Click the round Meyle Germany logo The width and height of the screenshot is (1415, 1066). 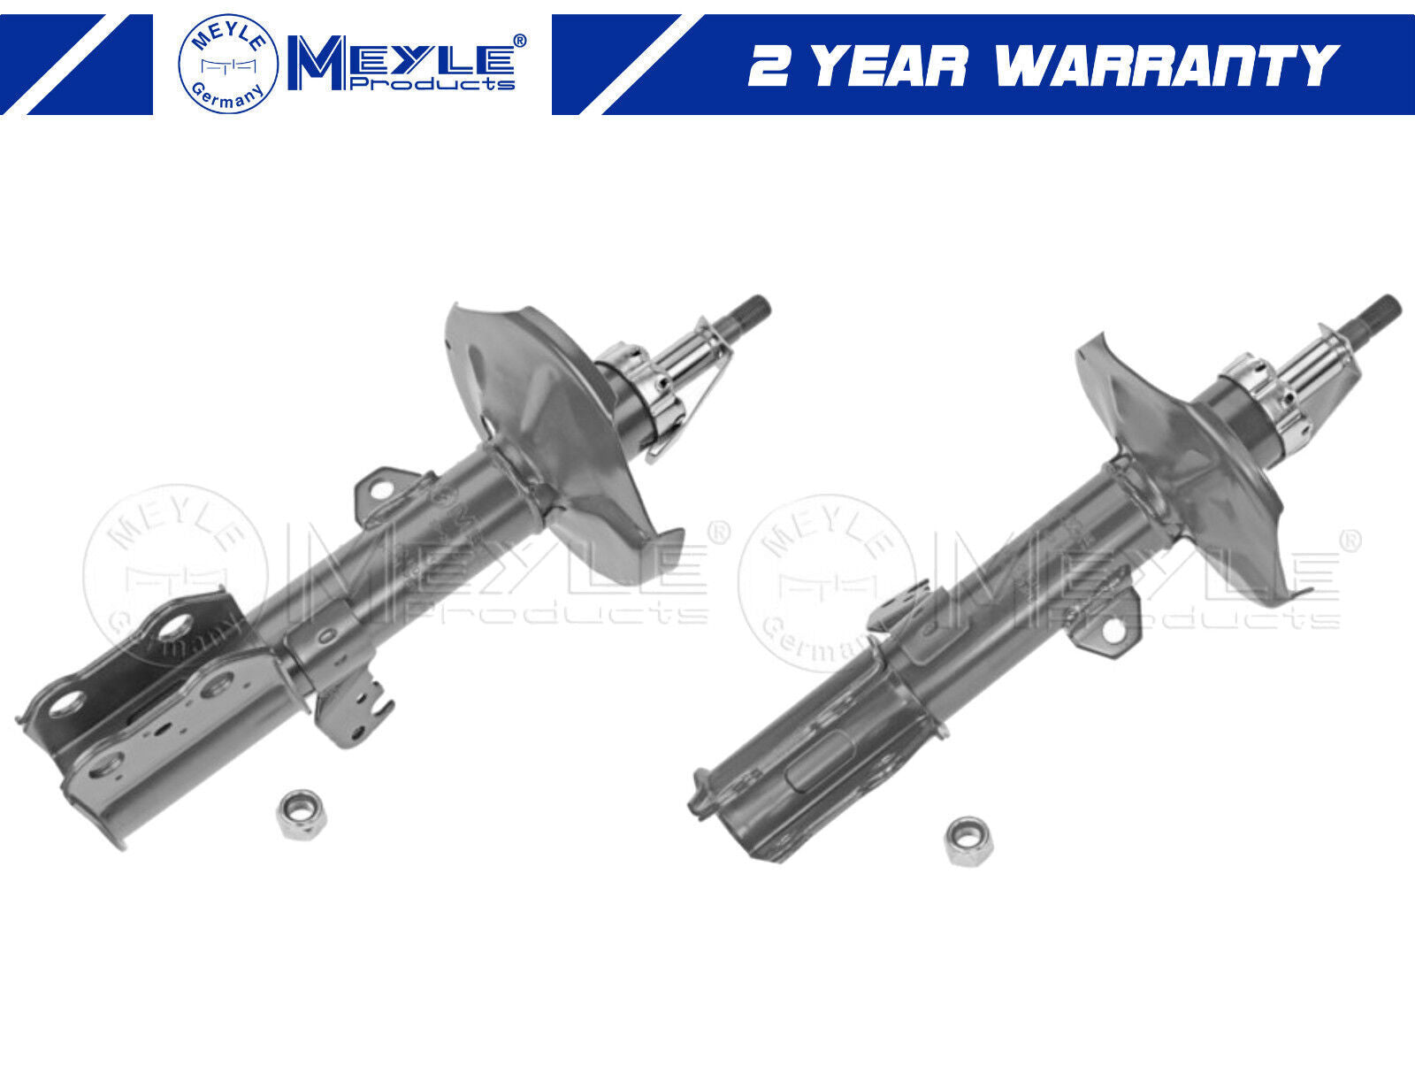[228, 64]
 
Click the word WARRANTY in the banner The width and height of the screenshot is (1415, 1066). [1166, 65]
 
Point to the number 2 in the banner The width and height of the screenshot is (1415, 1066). [769, 65]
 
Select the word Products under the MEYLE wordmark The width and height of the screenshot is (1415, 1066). [432, 83]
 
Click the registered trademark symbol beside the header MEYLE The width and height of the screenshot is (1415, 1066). [519, 41]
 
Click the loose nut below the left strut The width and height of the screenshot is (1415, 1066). [301, 815]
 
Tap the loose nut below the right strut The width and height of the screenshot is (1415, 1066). [969, 841]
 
